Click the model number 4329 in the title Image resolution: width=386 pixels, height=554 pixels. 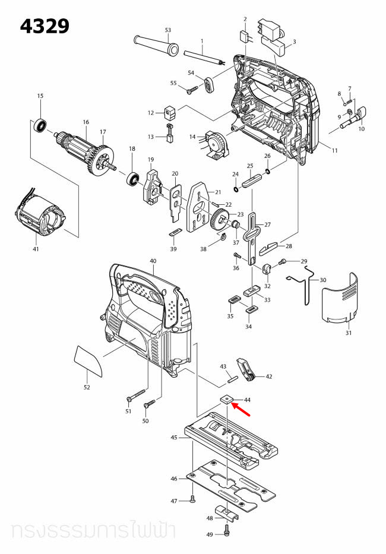45,26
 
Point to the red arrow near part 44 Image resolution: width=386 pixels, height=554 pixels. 241,408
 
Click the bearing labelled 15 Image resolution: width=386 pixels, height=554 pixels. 40,125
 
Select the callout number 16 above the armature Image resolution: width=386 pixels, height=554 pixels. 86,122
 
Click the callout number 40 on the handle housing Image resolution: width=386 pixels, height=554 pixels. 153,261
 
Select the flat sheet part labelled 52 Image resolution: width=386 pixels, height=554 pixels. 88,362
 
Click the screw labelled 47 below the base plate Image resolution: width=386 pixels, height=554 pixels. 193,501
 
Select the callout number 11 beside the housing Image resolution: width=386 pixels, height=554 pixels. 334,151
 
